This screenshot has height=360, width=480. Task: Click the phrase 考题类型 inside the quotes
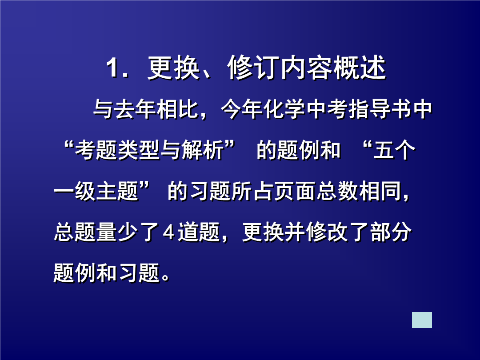tap(117, 150)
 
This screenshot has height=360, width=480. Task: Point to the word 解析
tap(202, 150)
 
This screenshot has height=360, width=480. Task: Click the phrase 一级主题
tap(96, 191)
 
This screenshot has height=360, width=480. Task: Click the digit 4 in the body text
tap(168, 232)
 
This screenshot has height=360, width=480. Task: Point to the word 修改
tap(327, 232)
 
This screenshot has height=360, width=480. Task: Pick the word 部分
tap(391, 232)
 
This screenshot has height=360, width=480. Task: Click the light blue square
tap(422, 320)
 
